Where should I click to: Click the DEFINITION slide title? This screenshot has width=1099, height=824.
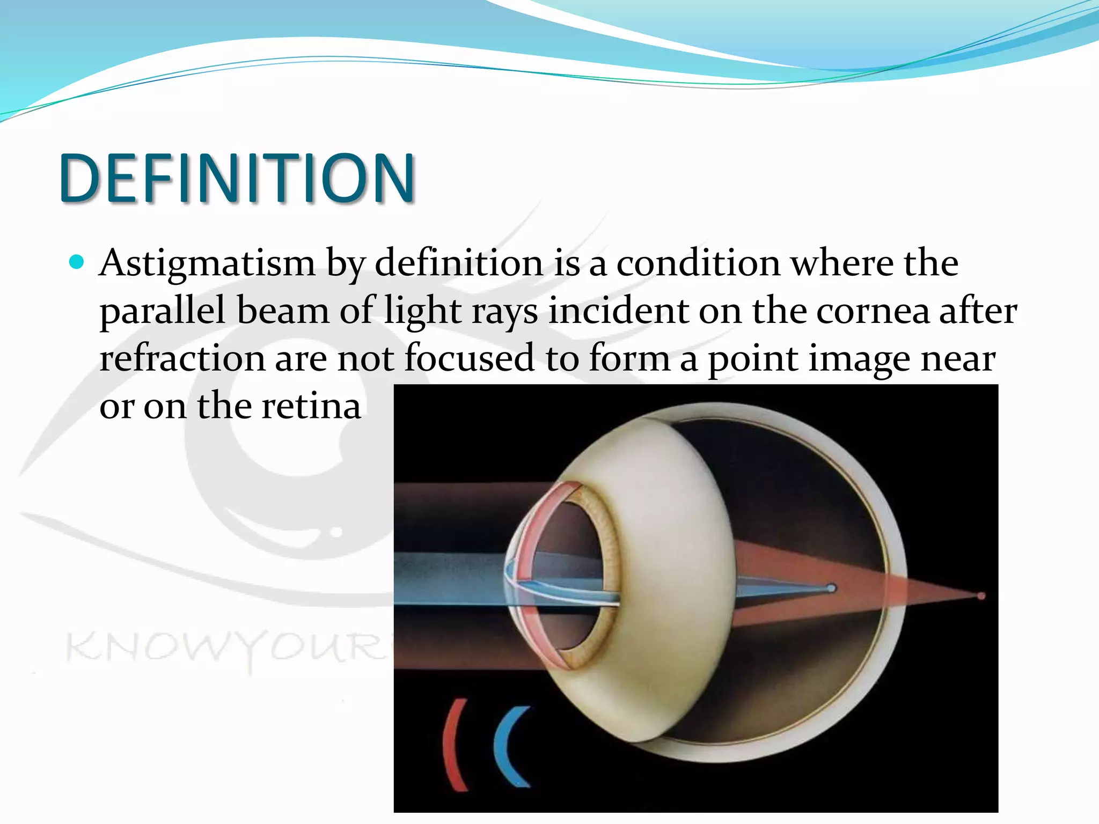[x=237, y=178]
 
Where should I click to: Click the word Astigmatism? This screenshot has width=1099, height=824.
[x=207, y=264]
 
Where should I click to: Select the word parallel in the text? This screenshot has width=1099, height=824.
[x=162, y=311]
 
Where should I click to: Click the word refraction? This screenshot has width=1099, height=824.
[x=182, y=358]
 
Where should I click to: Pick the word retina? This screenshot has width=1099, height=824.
[x=311, y=406]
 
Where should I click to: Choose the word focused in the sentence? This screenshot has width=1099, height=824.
[x=469, y=358]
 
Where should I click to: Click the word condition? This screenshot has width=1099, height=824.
[x=698, y=264]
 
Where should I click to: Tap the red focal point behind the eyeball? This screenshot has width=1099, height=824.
[x=981, y=596]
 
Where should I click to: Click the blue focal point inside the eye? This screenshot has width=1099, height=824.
[x=831, y=588]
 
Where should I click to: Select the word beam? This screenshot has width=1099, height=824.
[x=283, y=311]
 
